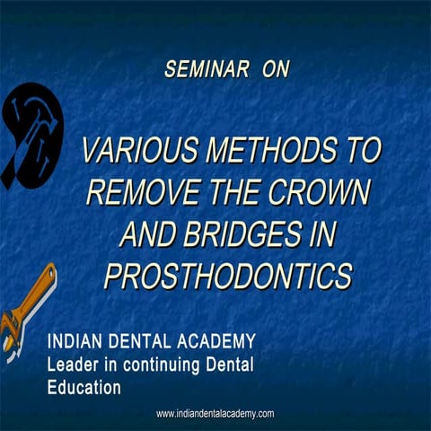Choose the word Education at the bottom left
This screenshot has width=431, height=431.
(x=84, y=388)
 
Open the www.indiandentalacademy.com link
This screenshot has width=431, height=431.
(x=215, y=414)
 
